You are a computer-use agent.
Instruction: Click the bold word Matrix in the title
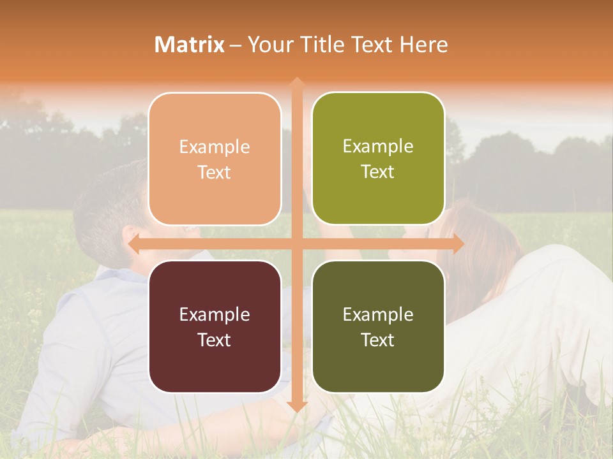(x=190, y=45)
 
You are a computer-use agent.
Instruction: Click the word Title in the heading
(x=324, y=45)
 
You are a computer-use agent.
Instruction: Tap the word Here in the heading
(x=423, y=45)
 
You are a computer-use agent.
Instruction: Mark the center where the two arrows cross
(x=296, y=244)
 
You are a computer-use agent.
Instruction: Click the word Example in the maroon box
(x=215, y=314)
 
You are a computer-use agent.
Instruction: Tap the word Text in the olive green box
(x=378, y=172)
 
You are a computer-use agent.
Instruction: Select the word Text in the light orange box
(x=215, y=173)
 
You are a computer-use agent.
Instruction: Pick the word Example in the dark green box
(x=378, y=314)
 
